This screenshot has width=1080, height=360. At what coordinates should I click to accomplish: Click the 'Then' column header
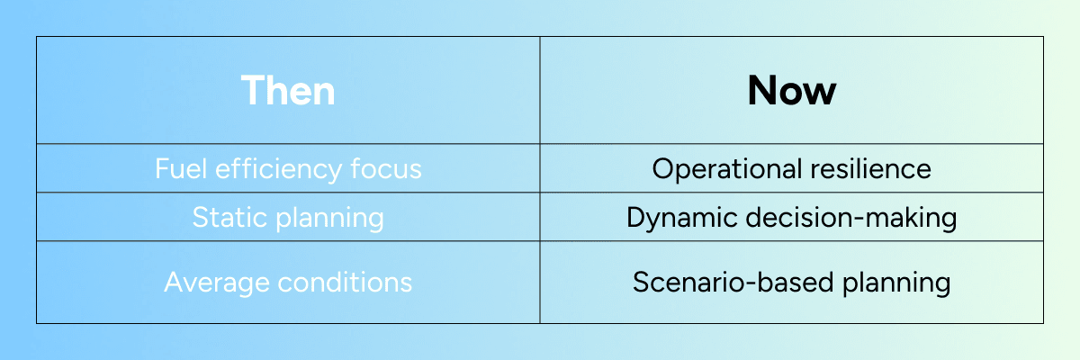(288, 90)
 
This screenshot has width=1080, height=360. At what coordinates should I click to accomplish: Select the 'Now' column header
(792, 90)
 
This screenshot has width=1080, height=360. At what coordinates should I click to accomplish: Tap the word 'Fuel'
(181, 168)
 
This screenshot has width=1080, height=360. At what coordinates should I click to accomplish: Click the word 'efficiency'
(278, 170)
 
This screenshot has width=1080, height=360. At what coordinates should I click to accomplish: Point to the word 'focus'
(386, 168)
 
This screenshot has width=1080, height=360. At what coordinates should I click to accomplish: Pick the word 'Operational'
(726, 169)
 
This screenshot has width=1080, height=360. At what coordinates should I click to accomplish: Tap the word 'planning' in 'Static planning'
(329, 220)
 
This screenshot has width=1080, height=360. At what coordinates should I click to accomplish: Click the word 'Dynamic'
(682, 220)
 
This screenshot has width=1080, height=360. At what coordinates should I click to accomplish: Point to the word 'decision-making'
(851, 219)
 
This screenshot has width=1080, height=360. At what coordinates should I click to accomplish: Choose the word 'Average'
(217, 283)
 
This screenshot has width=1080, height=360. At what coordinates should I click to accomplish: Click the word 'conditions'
(345, 282)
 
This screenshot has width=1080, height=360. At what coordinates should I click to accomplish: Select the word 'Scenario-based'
(733, 282)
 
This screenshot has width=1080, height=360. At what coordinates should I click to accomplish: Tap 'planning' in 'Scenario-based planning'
(896, 283)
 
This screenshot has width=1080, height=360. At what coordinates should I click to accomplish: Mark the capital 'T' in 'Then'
(254, 90)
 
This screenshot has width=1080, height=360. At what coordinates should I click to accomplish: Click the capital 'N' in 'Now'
(761, 90)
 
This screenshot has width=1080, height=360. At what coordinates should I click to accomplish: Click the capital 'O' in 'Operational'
(664, 168)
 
